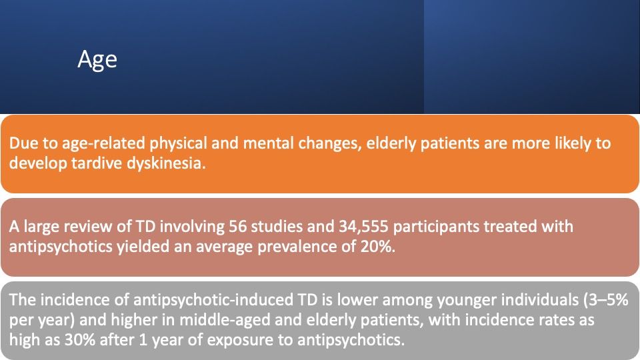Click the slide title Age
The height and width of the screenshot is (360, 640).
click(97, 61)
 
